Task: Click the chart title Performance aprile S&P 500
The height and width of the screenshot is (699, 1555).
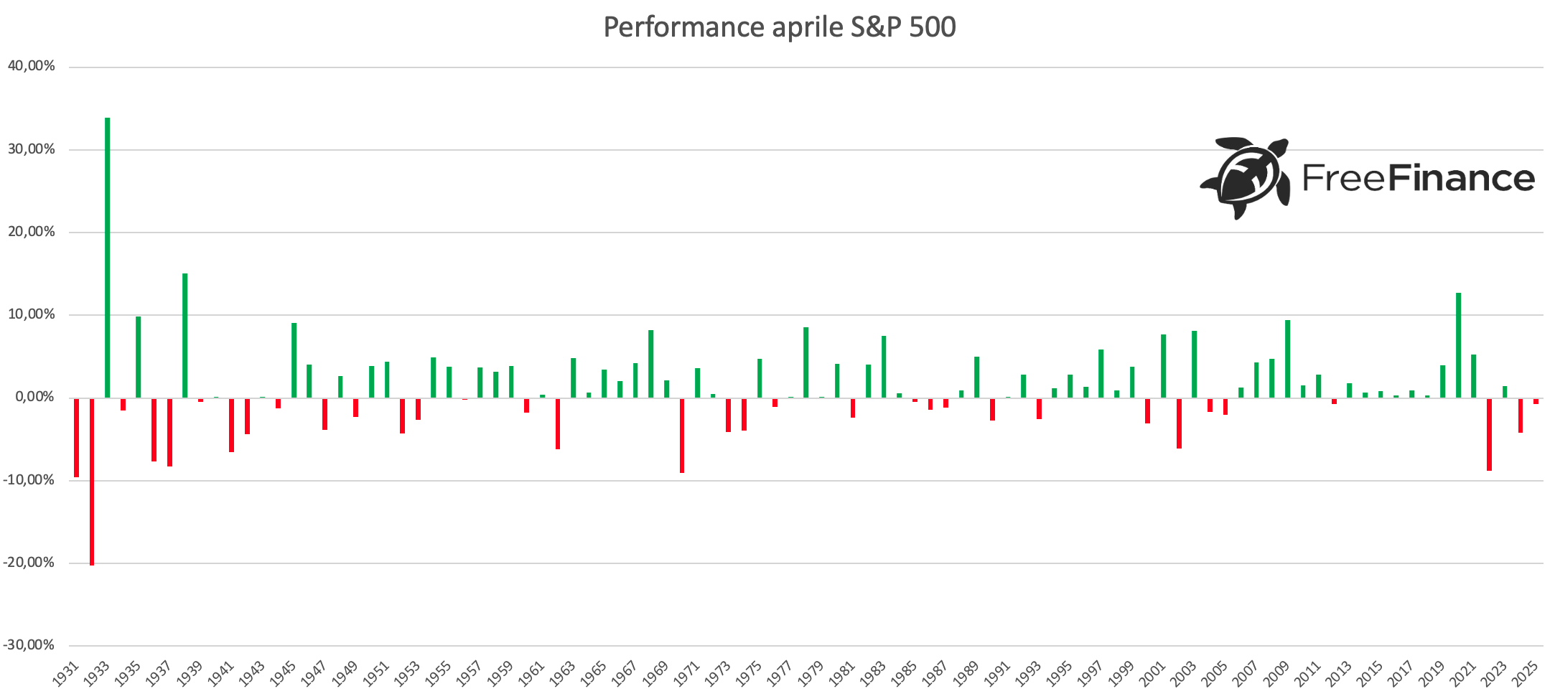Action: [x=779, y=27]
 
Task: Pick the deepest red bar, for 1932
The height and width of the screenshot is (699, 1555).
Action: [x=92, y=481]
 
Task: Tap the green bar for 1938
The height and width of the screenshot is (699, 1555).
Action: [x=185, y=335]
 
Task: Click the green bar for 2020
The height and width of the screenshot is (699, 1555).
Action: [x=1458, y=345]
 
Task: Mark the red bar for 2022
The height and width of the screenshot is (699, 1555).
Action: [x=1490, y=434]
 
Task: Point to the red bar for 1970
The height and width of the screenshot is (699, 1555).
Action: [x=682, y=435]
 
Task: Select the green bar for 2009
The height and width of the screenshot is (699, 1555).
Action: [x=1288, y=359]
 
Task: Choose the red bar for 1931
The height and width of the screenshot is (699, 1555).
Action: [x=77, y=437]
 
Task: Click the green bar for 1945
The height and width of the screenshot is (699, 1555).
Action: [x=294, y=360]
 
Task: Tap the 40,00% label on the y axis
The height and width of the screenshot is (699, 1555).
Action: [x=32, y=66]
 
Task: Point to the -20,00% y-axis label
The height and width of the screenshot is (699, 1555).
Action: [x=29, y=563]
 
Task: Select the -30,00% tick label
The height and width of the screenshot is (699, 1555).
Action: [x=29, y=645]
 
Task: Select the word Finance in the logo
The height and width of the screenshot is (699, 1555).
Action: [x=1462, y=178]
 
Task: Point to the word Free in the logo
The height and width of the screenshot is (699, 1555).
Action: [x=1344, y=178]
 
